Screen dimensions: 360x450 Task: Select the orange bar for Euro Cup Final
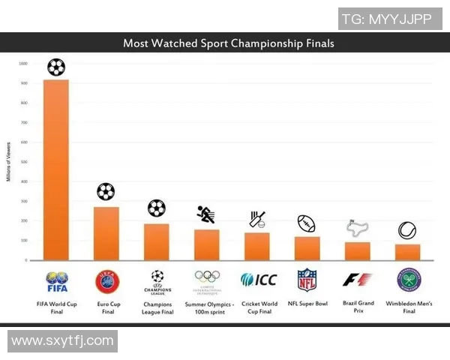click(106, 233)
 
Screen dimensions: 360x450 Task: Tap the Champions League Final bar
click(157, 241)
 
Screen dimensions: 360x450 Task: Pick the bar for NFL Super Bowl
click(307, 248)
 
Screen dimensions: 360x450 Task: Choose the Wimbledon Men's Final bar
click(408, 252)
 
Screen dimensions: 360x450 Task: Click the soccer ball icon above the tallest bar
click(56, 67)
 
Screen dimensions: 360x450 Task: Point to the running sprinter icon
click(206, 214)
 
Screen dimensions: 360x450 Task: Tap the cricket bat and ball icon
click(257, 219)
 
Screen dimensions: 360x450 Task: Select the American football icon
click(307, 223)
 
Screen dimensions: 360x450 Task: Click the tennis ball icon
click(407, 230)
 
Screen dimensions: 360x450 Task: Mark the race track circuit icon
click(356, 228)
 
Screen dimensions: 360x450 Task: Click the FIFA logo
click(57, 282)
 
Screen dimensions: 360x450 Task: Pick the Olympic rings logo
click(207, 277)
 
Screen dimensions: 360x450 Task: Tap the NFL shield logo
click(307, 280)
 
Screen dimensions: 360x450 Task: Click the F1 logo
click(357, 280)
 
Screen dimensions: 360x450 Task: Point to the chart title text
click(229, 43)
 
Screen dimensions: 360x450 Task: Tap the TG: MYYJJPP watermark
click(386, 18)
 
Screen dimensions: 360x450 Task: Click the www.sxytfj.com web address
click(62, 341)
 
